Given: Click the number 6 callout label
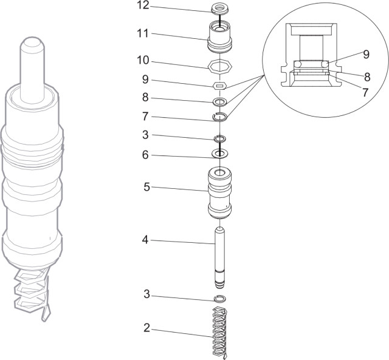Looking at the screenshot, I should pyautogui.click(x=145, y=155).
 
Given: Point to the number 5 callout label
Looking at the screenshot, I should pyautogui.click(x=146, y=187).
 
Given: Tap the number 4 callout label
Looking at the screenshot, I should pyautogui.click(x=145, y=240).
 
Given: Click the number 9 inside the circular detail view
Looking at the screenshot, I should pyautogui.click(x=366, y=54).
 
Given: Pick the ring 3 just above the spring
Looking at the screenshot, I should pyautogui.click(x=219, y=299).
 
